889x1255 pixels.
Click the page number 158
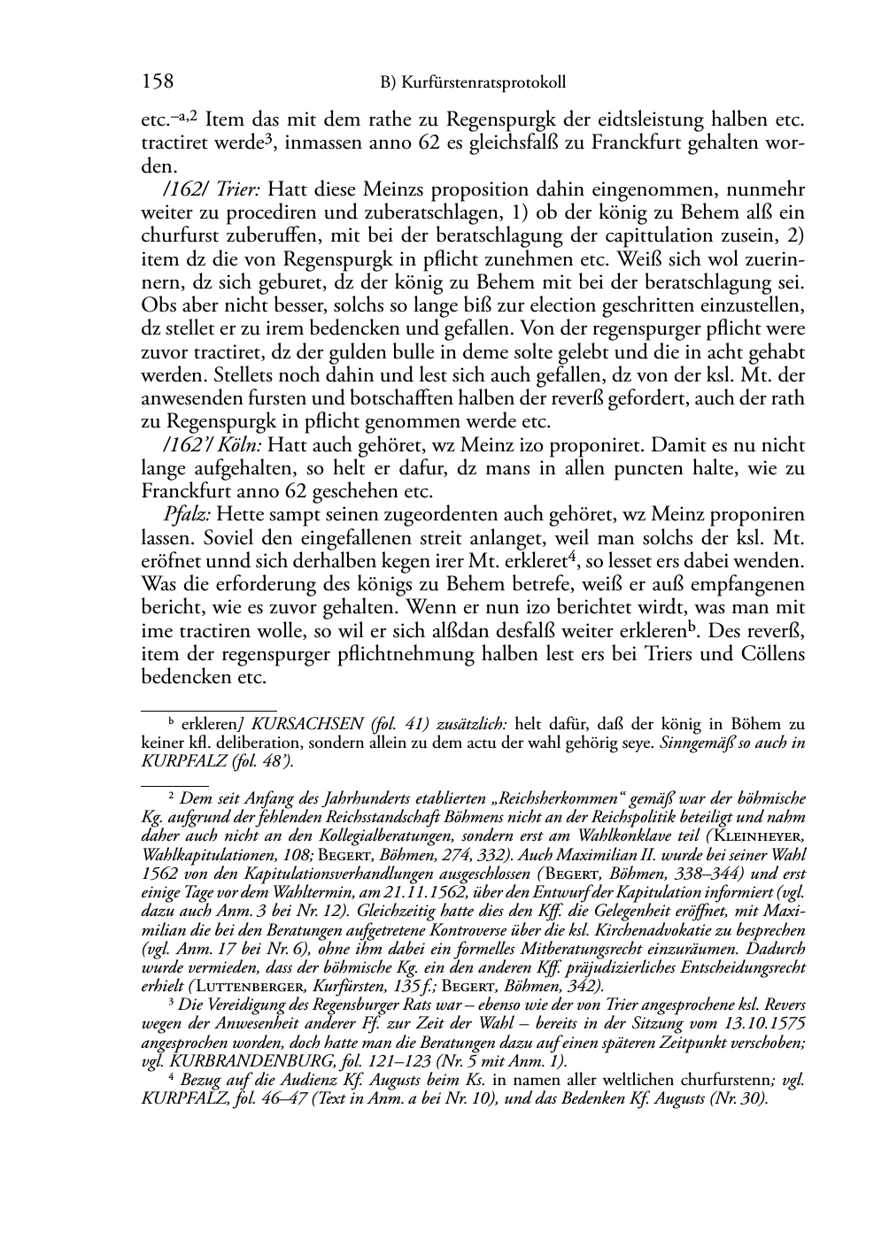[158, 82]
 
